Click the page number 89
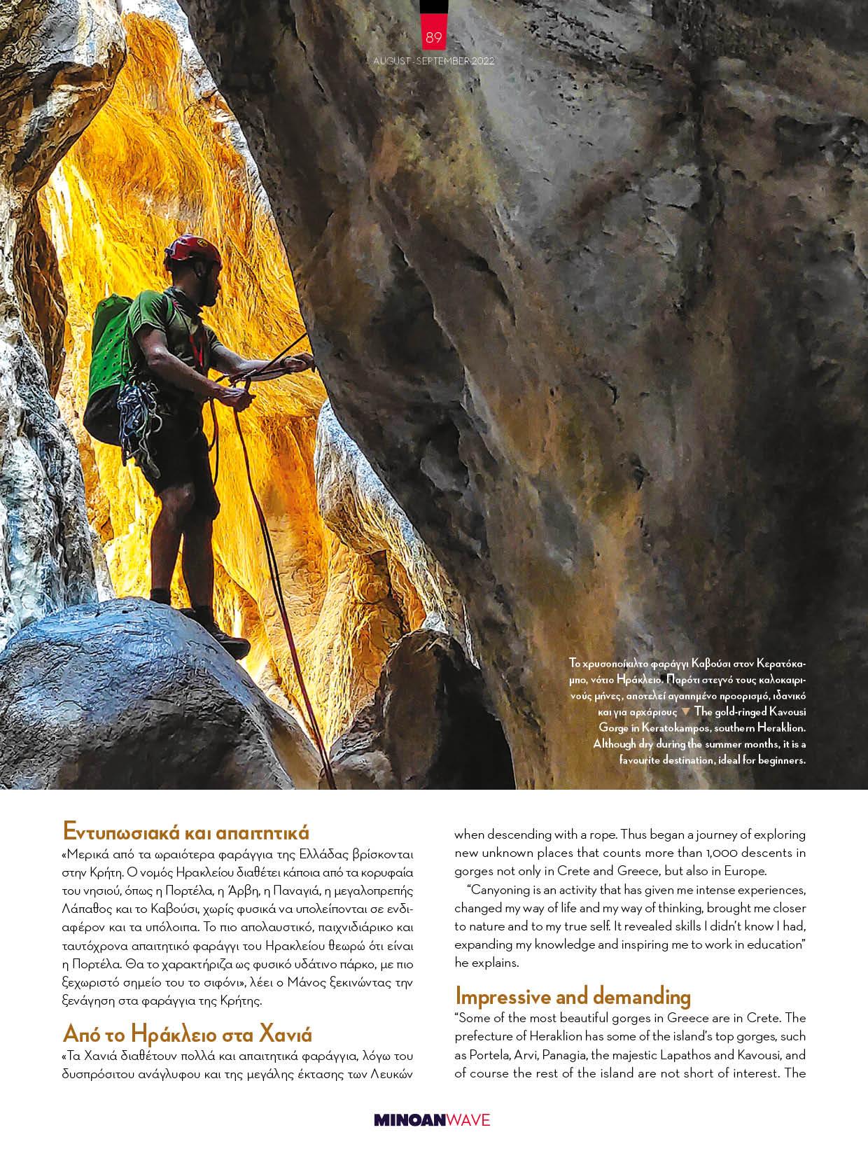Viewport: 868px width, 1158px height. click(x=433, y=36)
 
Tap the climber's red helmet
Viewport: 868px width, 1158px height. click(x=193, y=251)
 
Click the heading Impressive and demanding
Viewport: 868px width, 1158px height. click(x=572, y=996)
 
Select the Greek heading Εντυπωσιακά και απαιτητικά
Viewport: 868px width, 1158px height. click(x=185, y=831)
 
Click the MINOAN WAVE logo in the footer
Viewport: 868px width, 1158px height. click(x=432, y=1119)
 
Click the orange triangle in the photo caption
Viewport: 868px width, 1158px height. click(x=685, y=711)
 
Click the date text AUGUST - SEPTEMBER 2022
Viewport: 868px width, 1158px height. click(x=433, y=61)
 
